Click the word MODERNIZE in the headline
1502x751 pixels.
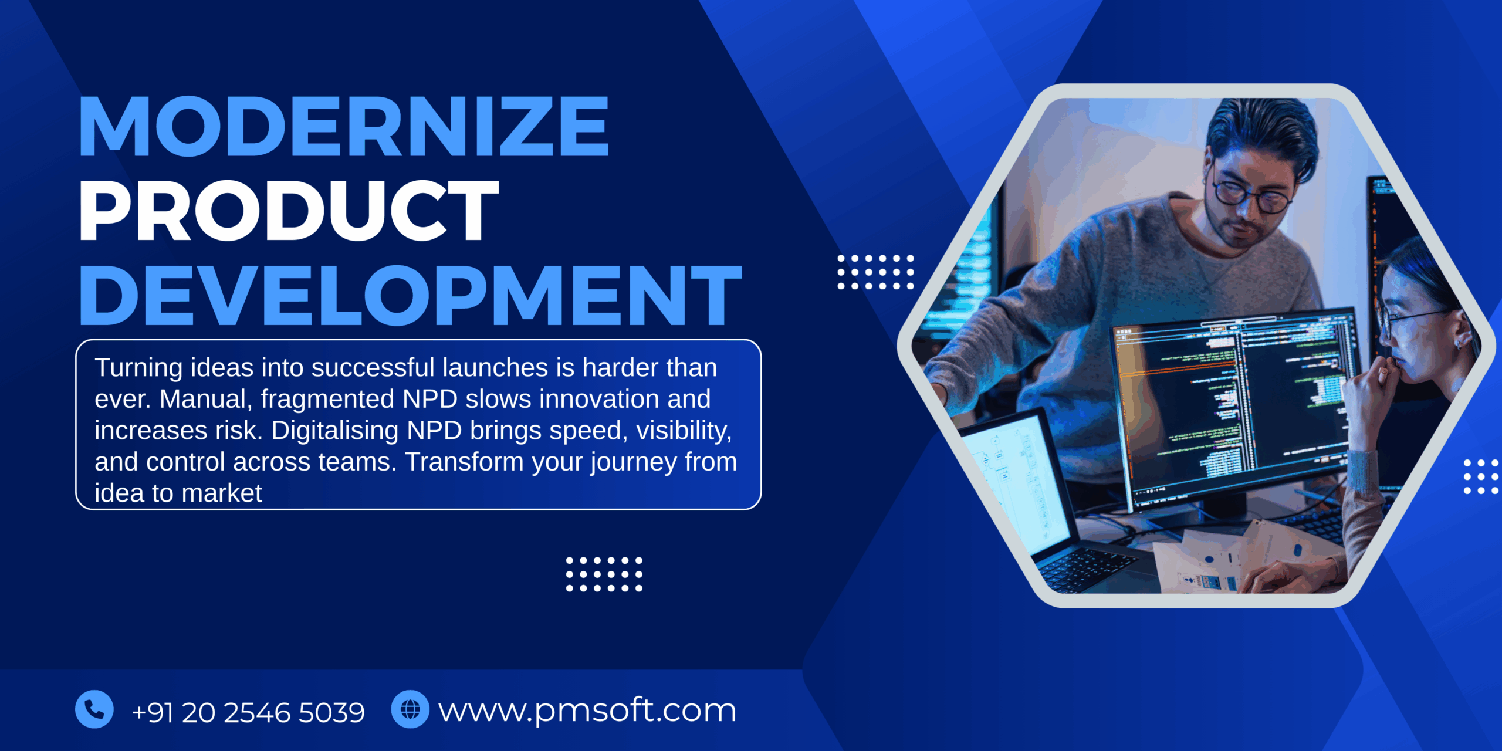pos(344,127)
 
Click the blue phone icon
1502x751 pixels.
pos(94,709)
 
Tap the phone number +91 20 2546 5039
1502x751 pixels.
pos(248,712)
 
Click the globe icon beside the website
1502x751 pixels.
pos(410,709)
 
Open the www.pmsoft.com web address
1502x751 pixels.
pos(587,711)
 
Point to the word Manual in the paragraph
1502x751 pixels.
pos(205,400)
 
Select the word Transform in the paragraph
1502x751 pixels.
pos(464,462)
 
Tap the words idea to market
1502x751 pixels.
pos(178,493)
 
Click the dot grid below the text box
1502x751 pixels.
pos(604,574)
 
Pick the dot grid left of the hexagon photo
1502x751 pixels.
pos(875,272)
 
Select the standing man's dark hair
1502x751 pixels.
pos(1261,126)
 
